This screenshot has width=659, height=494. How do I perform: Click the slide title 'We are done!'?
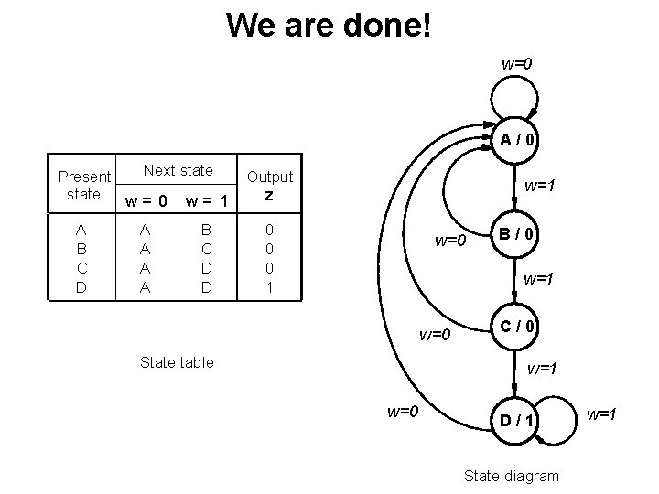point(329,25)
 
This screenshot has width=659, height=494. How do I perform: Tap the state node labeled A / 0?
point(517,140)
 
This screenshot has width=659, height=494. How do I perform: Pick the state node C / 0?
point(517,326)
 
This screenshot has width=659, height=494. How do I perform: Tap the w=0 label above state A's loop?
point(516,64)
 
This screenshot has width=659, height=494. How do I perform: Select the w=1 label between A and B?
point(539,186)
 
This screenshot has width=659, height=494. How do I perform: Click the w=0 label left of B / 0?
point(450,242)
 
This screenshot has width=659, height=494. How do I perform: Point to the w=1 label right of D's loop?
point(601,415)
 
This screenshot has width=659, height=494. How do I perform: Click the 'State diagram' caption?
point(511,476)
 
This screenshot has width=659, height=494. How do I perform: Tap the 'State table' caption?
point(177,362)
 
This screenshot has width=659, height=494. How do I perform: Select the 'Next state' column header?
point(178,170)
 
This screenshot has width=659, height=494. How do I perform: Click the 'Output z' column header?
point(270,185)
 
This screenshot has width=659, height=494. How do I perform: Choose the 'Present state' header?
point(84,185)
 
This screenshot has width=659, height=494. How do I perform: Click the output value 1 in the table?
point(269,287)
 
